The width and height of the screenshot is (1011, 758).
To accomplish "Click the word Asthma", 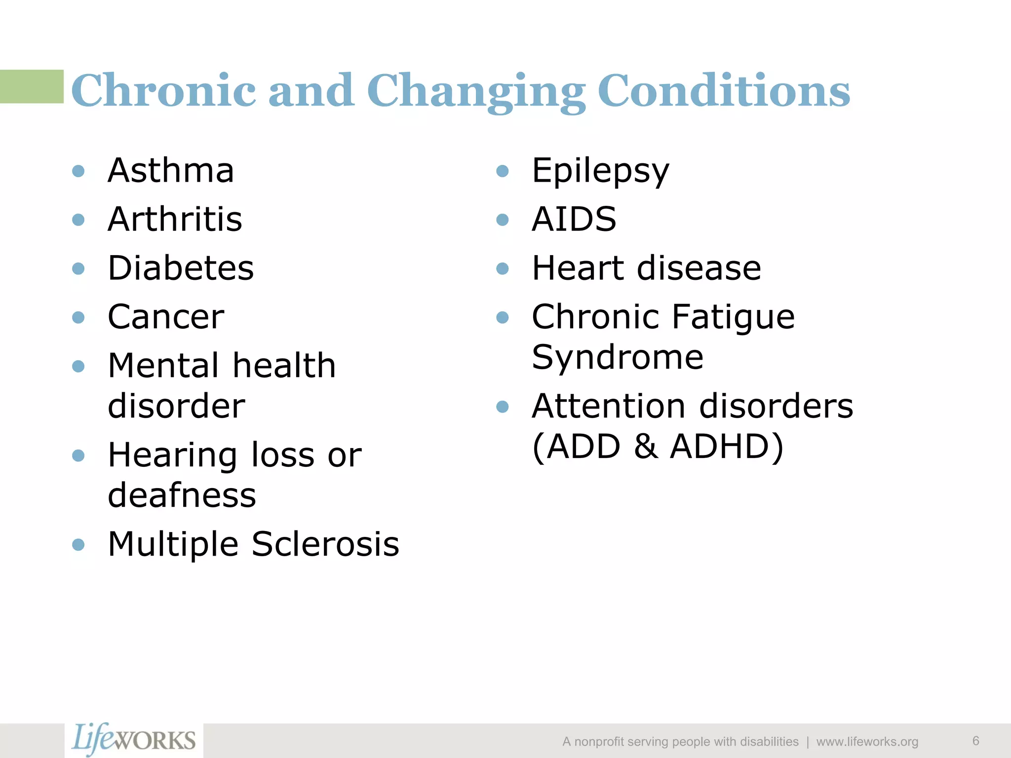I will [x=171, y=171].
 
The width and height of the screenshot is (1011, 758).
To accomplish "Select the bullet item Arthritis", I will [x=175, y=219].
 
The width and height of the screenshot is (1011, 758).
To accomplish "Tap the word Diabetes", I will [x=181, y=268].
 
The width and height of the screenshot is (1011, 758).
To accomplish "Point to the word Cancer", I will [x=166, y=317].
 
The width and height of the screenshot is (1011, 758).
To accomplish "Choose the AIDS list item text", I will [x=574, y=219].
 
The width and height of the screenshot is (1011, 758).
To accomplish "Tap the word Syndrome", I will [x=618, y=357].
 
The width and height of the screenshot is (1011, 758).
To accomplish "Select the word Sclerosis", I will [x=325, y=544].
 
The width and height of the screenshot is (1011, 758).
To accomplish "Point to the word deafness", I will [x=182, y=495].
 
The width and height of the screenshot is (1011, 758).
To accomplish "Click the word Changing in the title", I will [x=476, y=91].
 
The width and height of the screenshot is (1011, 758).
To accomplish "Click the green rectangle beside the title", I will [x=32, y=86].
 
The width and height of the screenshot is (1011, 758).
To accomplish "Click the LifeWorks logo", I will [x=133, y=739].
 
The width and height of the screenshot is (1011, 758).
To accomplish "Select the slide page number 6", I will [x=975, y=741].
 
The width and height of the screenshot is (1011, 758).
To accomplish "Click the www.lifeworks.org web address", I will [x=867, y=742].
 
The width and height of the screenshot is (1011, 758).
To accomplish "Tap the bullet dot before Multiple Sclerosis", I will [x=78, y=545].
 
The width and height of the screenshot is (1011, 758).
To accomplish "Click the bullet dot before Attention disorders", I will [x=502, y=407].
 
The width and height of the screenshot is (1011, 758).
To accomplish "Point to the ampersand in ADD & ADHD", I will [x=646, y=447].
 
